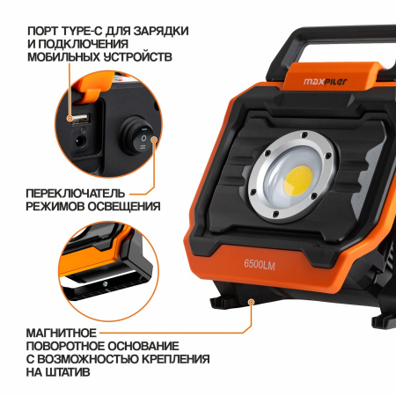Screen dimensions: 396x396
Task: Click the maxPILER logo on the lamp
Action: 325,81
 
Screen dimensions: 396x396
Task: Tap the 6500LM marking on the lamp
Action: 260,264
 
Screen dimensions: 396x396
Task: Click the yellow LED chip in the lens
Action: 298,180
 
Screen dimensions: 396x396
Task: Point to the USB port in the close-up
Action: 81,118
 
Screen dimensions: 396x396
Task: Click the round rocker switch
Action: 137,136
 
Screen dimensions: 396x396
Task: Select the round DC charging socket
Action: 80,142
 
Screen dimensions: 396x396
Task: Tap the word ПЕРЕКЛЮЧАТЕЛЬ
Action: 76,194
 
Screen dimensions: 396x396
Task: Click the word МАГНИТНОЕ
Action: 61,334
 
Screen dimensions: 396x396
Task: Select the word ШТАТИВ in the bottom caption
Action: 68,372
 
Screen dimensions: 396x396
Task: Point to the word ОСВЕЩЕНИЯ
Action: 124,207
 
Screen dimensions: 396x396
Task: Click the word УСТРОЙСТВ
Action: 138,57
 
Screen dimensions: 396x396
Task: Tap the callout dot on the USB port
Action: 70,118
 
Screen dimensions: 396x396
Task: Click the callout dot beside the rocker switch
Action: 154,139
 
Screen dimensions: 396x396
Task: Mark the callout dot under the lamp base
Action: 251,302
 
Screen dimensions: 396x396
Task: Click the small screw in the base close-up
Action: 105,283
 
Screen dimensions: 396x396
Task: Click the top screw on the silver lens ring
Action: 304,136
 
